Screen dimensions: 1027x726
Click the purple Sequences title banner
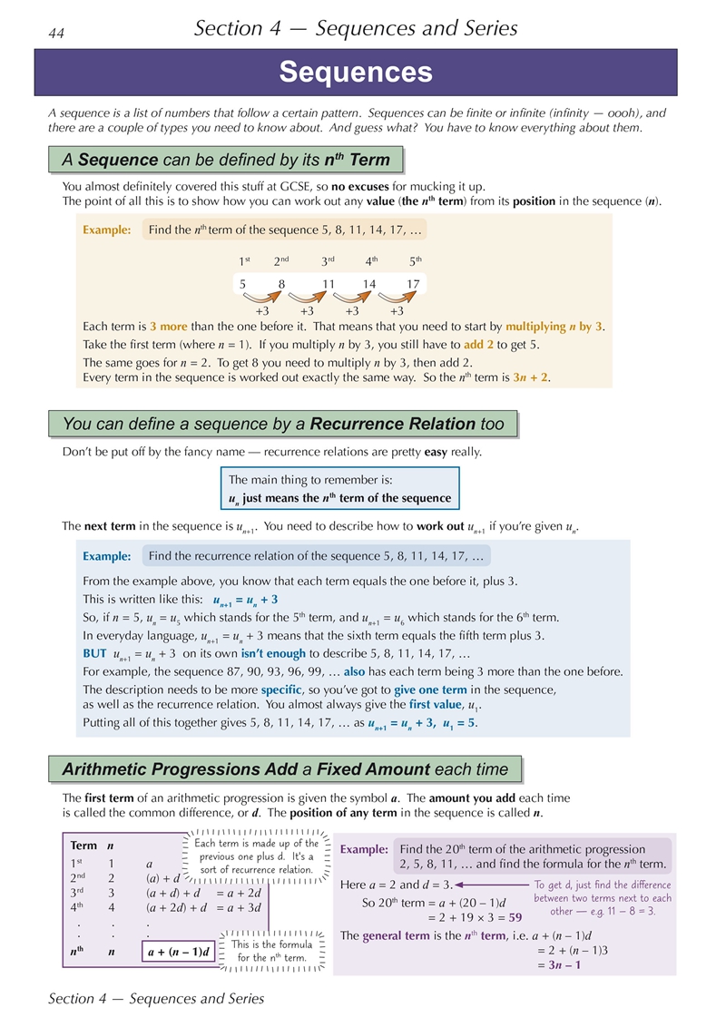pyautogui.click(x=356, y=73)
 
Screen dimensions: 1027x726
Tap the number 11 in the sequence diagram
pyautogui.click(x=329, y=284)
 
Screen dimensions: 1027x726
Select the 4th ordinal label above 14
pyautogui.click(x=371, y=261)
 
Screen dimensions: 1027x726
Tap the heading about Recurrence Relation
pyautogui.click(x=282, y=423)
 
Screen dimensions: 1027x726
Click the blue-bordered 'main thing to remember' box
pyautogui.click(x=340, y=489)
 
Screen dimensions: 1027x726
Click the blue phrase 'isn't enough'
pyautogui.click(x=265, y=654)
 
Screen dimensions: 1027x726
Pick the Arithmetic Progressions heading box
pyautogui.click(x=285, y=769)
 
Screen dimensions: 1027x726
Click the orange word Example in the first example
pyautogui.click(x=107, y=230)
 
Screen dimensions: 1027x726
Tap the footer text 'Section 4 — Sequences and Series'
pyautogui.click(x=156, y=999)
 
